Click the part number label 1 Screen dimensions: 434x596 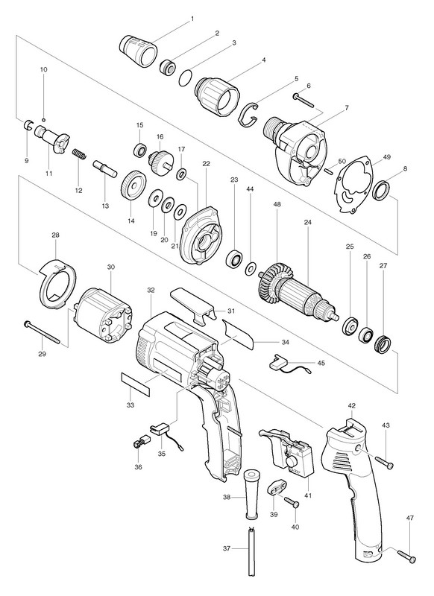[x=192, y=18]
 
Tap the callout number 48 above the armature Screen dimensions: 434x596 [x=277, y=204]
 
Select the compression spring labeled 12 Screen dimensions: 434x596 [x=81, y=153]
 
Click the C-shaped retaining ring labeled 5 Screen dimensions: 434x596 [x=248, y=113]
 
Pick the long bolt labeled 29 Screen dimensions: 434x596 [x=42, y=332]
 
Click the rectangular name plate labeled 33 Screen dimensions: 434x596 [x=136, y=384]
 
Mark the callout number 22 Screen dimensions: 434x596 [x=206, y=164]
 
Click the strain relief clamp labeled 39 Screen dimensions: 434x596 [x=276, y=489]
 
